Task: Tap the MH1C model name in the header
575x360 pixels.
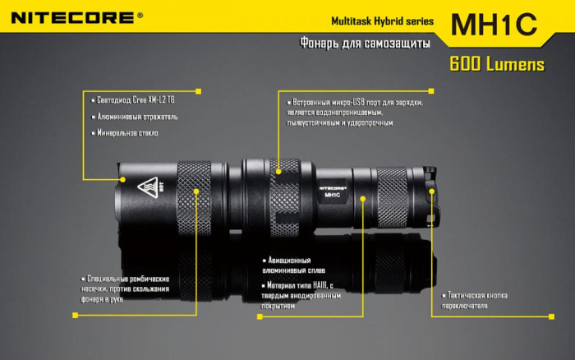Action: coord(494,23)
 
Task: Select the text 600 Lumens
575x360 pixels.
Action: coord(496,64)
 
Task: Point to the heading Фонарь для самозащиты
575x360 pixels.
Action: coord(366,44)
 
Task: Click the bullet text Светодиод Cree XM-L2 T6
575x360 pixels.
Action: coord(136,99)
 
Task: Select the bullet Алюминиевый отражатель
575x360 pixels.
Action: coord(136,117)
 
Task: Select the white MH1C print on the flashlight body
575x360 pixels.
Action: coord(332,195)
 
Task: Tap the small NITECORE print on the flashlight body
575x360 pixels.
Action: coord(332,186)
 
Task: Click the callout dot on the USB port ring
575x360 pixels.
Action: coord(278,171)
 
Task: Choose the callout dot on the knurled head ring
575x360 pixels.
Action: coord(197,192)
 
